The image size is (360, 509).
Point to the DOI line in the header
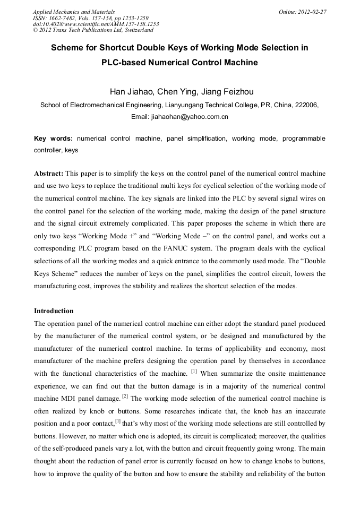point(96,24)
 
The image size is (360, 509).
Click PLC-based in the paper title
point(124,63)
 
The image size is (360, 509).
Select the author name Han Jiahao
point(130,91)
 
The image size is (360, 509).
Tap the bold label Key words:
point(54,139)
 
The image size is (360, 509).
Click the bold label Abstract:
point(49,174)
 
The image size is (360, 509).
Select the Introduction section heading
point(54,311)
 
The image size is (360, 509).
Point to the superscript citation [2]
point(125,395)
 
